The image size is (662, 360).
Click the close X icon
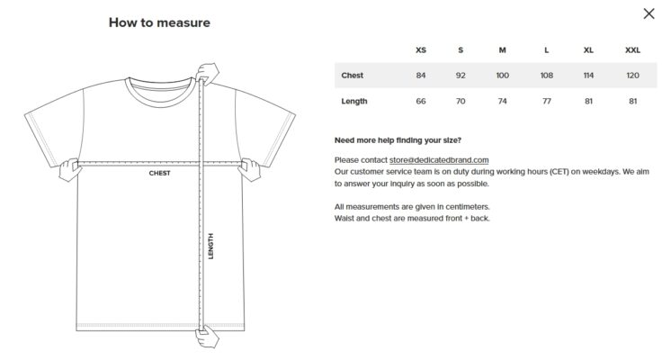point(649,13)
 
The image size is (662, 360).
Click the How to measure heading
point(159,22)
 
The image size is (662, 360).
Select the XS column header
point(421,49)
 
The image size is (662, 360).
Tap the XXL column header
point(632,49)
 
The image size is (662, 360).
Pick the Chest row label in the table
point(352,76)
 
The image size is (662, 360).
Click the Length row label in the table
point(354,101)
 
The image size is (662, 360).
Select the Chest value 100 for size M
point(502,76)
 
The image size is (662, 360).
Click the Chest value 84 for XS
point(421,76)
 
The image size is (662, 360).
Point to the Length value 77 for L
point(546,101)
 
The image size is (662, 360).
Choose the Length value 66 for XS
point(421,101)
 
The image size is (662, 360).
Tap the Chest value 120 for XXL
point(632,76)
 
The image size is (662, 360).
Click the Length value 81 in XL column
point(588,101)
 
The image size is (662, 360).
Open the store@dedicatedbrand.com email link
point(439,160)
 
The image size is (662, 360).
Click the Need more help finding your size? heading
point(398,140)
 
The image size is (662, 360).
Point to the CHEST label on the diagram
point(159,173)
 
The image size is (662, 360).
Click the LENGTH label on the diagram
point(210,246)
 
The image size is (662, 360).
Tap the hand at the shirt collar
point(207,74)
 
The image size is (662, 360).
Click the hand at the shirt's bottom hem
point(207,337)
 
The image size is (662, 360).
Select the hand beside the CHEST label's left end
point(69,169)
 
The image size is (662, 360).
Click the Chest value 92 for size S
point(461,76)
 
